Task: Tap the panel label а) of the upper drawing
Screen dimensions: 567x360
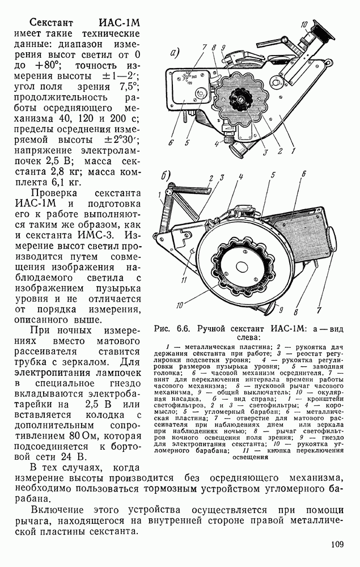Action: pyautogui.click(x=174, y=55)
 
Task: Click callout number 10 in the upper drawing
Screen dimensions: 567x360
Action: pyautogui.click(x=304, y=24)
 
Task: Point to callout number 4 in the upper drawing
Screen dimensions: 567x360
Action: pyautogui.click(x=217, y=145)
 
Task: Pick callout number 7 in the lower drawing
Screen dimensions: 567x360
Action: pyautogui.click(x=319, y=310)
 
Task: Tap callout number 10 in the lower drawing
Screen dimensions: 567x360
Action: pyautogui.click(x=180, y=305)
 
